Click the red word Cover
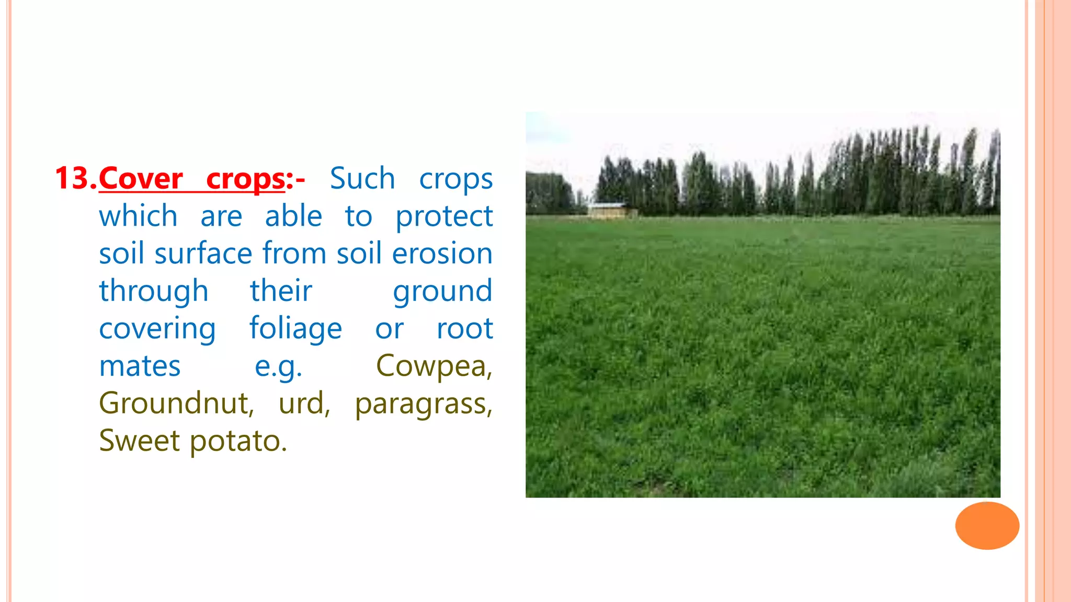point(141,179)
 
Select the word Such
point(362,179)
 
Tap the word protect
point(444,216)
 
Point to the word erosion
point(442,254)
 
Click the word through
point(154,292)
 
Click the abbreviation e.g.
point(278,366)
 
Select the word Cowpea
point(434,366)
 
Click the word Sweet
point(139,441)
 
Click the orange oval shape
point(987,526)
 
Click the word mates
point(140,366)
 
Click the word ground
point(442,292)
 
